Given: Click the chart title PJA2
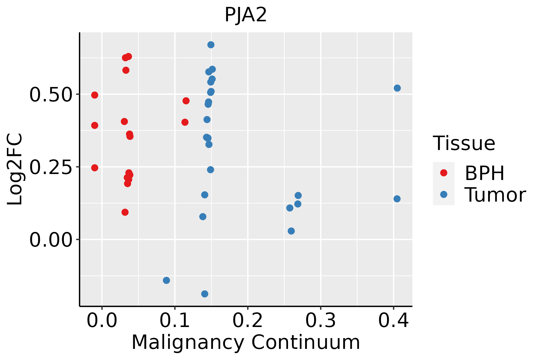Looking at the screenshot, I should pos(246,15).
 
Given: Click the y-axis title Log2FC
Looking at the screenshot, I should pos(15,169).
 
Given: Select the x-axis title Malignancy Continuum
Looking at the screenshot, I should pos(246,343).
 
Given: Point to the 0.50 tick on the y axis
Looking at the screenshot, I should pos(51,95).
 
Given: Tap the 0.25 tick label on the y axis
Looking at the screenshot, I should pos(51,167).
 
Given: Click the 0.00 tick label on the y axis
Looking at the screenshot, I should pos(51,240).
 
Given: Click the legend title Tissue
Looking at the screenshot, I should pos(464,143).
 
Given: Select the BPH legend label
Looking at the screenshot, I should pos(484,173).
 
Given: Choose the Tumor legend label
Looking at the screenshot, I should pos(495,195).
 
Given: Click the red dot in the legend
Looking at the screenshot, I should pos(443,173).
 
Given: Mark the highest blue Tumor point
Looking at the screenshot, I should pos(211,45).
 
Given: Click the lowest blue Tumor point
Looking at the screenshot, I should pos(205,294).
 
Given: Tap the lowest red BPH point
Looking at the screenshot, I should pos(125,212).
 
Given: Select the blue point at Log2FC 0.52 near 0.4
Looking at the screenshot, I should pos(397,88).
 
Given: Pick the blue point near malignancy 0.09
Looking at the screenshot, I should pos(166,280).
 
